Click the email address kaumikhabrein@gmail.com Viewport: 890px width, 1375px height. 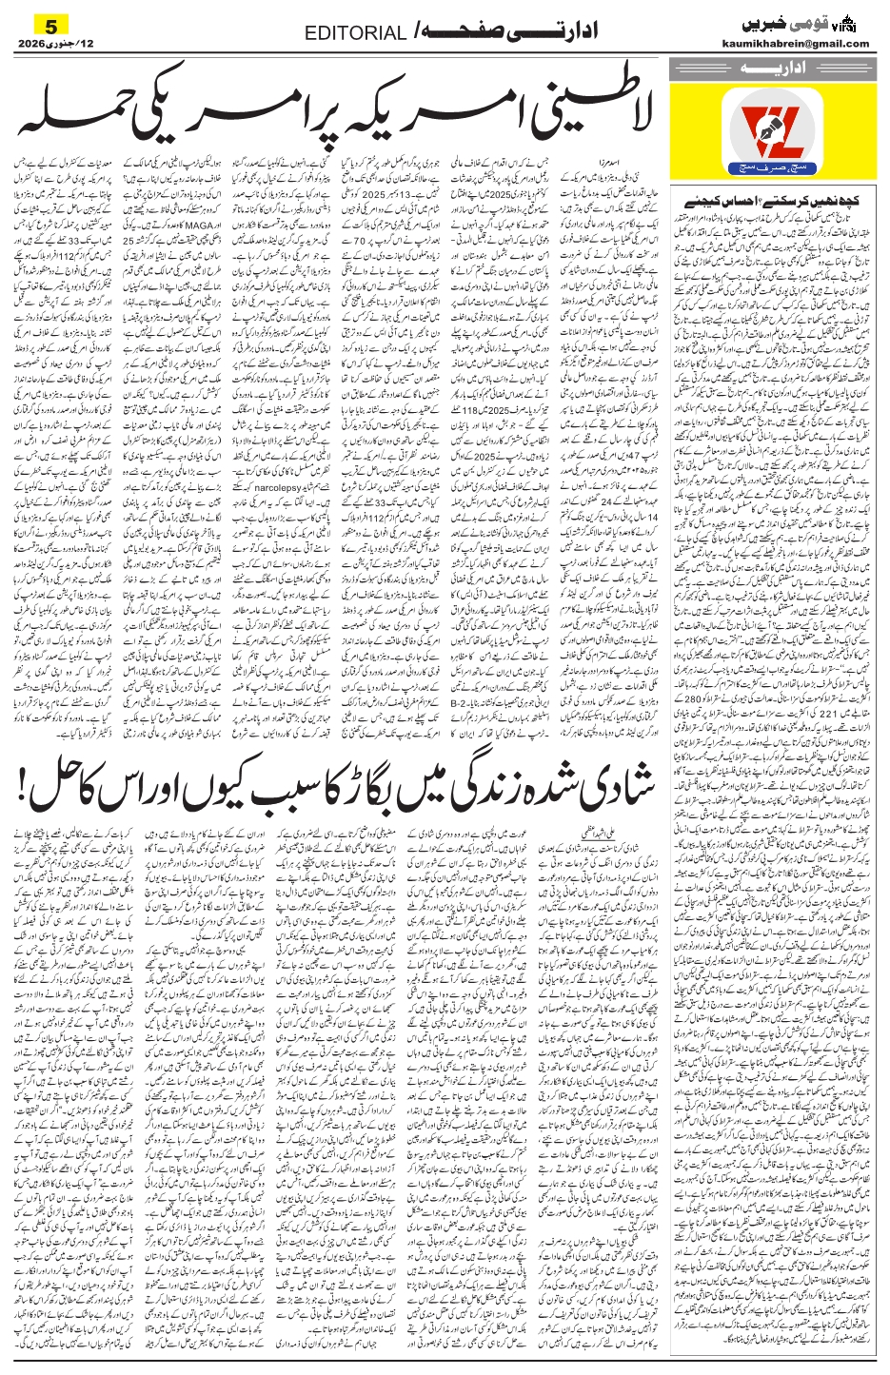pyautogui.click(x=806, y=43)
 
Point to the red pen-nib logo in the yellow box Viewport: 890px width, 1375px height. pyautogui.click(x=769, y=126)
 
